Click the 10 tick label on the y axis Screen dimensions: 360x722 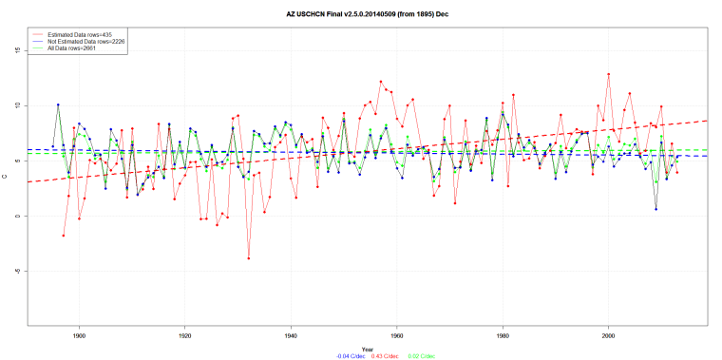click(x=18, y=106)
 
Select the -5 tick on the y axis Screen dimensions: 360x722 click(x=18, y=271)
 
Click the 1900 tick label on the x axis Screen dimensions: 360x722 click(x=79, y=335)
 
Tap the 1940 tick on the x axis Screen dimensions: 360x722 click(x=291, y=335)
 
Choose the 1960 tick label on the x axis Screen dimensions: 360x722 click(x=396, y=335)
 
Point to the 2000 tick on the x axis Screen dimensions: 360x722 click(x=608, y=335)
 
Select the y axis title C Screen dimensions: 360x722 click(x=7, y=188)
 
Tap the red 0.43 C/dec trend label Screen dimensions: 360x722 click(x=365, y=355)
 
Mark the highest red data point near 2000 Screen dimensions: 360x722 click(x=608, y=74)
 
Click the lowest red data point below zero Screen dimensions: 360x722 click(x=249, y=258)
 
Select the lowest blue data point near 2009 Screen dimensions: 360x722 click(x=655, y=209)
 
